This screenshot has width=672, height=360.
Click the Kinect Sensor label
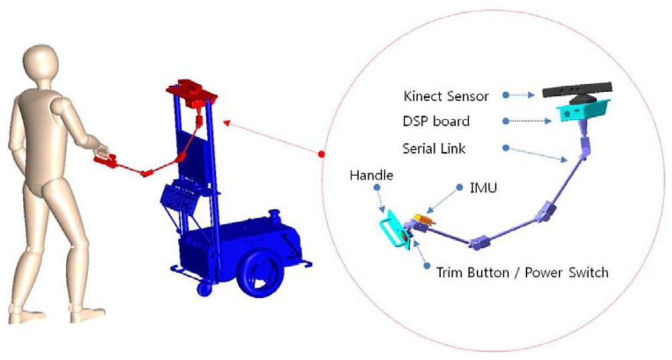(x=447, y=95)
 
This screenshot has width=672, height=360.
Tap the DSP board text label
(x=437, y=122)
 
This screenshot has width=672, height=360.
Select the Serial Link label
(x=433, y=148)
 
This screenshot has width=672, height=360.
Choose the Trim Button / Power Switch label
(x=522, y=273)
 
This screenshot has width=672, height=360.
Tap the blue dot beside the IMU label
(x=460, y=187)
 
